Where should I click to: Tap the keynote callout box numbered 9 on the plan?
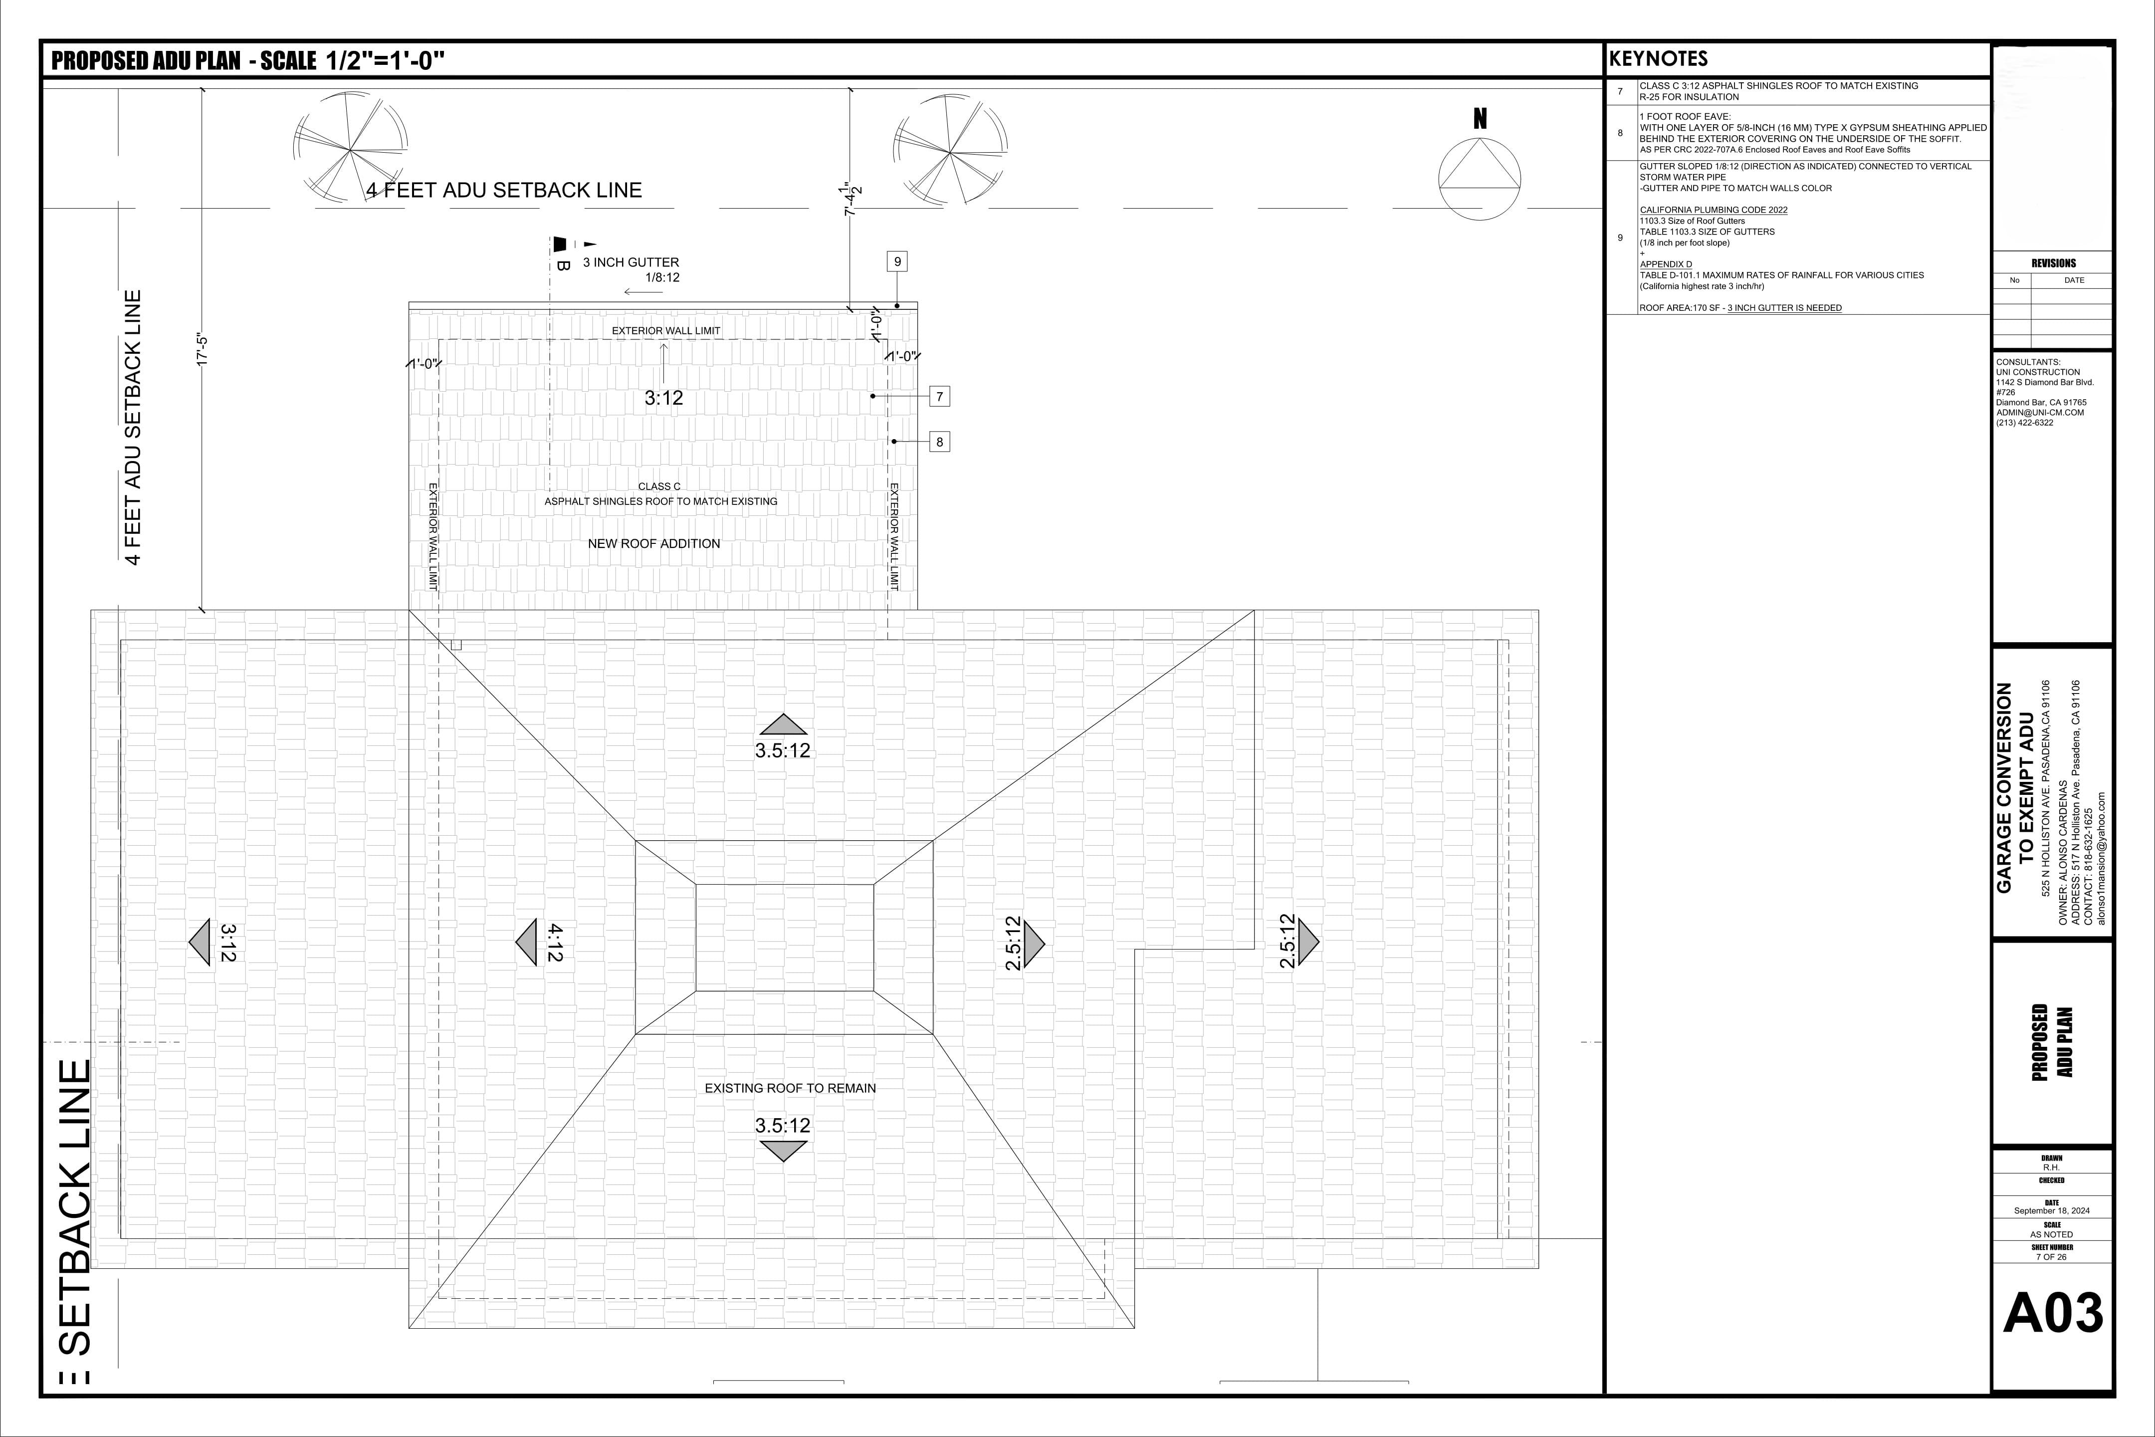[x=897, y=261]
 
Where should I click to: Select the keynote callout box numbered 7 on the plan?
[x=939, y=396]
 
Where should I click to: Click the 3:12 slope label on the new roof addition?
[x=663, y=398]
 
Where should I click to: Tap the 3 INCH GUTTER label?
[x=632, y=262]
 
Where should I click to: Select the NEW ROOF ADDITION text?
[x=654, y=543]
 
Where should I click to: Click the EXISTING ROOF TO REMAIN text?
[x=790, y=1088]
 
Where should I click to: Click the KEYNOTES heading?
[x=1658, y=59]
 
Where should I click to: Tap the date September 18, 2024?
[x=2051, y=1210]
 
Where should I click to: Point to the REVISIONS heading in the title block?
[x=2053, y=263]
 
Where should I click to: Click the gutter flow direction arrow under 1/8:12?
[x=643, y=292]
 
